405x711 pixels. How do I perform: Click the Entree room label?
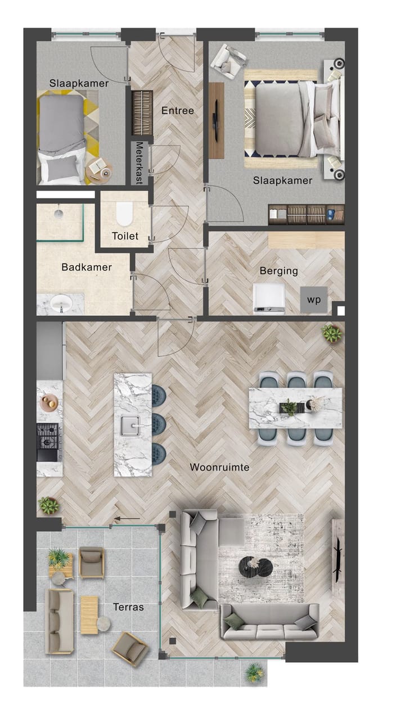(x=177, y=111)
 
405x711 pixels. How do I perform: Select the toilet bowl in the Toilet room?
(x=124, y=214)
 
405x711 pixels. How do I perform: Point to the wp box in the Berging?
(x=314, y=300)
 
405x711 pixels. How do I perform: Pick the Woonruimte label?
(x=219, y=467)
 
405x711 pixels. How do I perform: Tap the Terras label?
(x=128, y=607)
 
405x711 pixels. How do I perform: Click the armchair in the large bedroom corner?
(x=228, y=58)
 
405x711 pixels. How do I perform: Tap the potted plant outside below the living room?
(x=254, y=672)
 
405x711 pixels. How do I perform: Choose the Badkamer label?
(x=87, y=268)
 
